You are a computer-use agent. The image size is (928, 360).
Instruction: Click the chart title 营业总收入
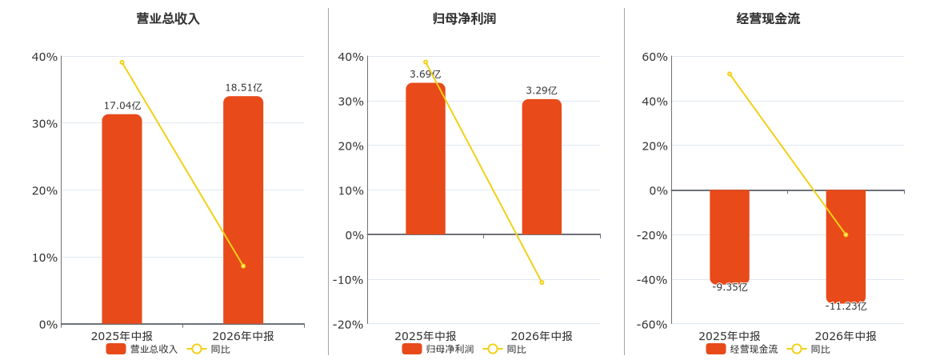[x=168, y=19]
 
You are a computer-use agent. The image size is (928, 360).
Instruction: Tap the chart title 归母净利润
[x=464, y=19]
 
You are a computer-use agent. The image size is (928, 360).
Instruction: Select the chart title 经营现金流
[x=768, y=19]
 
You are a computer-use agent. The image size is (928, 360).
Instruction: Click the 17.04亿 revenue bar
[x=122, y=219]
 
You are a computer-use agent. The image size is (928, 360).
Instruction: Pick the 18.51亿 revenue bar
[x=243, y=210]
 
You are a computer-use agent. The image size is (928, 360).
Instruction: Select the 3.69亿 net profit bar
[x=426, y=158]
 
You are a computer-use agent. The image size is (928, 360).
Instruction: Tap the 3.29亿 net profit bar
[x=542, y=167]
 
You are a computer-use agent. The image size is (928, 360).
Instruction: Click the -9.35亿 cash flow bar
[x=729, y=237]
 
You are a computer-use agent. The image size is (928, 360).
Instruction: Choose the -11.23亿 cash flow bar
[x=846, y=246]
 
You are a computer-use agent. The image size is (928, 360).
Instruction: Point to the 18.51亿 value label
[x=243, y=88]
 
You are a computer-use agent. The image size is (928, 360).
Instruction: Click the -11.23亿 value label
[x=846, y=306]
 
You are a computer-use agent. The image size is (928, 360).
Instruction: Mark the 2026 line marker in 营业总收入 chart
[x=243, y=266]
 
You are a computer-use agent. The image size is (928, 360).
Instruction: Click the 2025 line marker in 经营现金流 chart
[x=730, y=74]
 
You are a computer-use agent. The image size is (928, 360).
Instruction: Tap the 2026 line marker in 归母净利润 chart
[x=542, y=282]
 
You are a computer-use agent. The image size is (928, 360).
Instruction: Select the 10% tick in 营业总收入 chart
[x=46, y=258]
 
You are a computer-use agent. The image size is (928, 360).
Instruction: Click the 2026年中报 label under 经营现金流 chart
[x=846, y=336]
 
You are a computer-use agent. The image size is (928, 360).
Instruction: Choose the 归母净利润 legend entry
[x=438, y=350]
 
